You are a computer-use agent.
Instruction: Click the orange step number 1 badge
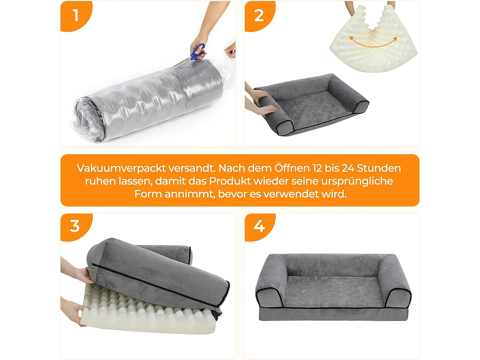[x=76, y=15]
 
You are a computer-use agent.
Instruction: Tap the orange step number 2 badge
[x=259, y=15]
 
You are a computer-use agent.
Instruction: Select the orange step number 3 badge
[x=75, y=226]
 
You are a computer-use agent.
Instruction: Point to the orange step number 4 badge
[x=259, y=226]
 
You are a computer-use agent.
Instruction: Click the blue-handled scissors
[x=196, y=52]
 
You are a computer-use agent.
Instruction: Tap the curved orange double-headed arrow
[x=373, y=43]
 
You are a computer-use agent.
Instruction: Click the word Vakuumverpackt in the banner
[x=121, y=168]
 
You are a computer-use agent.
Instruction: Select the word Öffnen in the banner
[x=292, y=168]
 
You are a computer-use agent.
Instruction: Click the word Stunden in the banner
[x=379, y=168]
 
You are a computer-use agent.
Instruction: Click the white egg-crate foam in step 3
[x=144, y=317]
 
